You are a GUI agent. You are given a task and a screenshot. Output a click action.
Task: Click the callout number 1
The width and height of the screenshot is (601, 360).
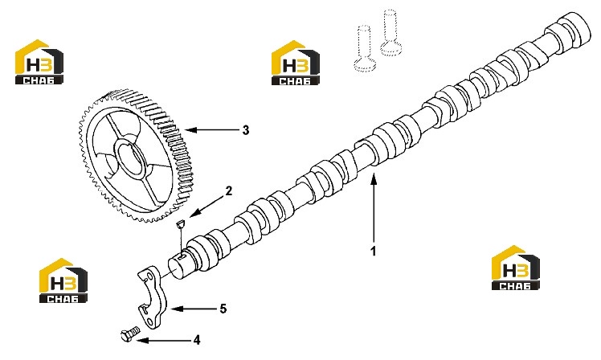[373, 252]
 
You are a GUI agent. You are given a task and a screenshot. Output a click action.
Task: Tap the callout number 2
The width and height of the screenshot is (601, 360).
[228, 190]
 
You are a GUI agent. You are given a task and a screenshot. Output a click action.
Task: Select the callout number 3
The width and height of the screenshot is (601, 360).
[246, 130]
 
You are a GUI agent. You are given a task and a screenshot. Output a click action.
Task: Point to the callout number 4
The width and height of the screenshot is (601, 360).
[197, 340]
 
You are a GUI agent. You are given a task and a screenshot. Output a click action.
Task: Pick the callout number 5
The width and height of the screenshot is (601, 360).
[223, 309]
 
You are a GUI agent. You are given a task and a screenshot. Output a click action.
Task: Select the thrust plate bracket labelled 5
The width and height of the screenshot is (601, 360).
[150, 297]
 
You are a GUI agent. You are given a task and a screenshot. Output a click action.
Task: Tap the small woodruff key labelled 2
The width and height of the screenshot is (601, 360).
[180, 223]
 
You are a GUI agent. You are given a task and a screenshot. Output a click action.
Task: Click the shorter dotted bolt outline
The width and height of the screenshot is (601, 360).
[364, 48]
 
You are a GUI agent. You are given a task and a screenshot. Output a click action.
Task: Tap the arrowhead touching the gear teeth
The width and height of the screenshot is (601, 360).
[190, 130]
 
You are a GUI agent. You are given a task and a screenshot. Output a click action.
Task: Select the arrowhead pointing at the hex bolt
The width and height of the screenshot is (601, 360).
[142, 341]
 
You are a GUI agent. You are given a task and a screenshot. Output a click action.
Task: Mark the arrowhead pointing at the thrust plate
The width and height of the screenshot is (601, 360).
[174, 309]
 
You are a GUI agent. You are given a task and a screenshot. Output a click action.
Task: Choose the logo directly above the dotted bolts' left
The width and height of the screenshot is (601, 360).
[296, 63]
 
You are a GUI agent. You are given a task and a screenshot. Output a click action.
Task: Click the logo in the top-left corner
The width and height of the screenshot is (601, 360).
[39, 61]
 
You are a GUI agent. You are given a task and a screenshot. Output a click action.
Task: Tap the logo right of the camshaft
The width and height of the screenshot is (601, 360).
[516, 268]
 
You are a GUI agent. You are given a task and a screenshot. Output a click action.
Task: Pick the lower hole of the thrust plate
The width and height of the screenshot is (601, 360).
[148, 318]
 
